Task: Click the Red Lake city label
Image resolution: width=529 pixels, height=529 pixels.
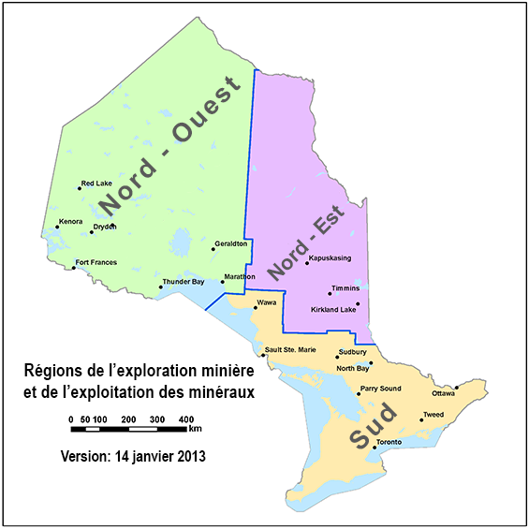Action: [x=96, y=184]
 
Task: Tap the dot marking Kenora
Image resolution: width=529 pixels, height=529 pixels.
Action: [x=56, y=228]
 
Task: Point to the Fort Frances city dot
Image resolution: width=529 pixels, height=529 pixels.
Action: [x=74, y=269]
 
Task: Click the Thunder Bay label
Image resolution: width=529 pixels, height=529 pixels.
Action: [x=184, y=281]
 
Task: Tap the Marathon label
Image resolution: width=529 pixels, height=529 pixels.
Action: [x=239, y=278]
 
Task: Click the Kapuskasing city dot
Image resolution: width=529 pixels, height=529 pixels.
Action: [x=307, y=263]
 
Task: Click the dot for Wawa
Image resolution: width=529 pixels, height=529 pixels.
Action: [x=255, y=308]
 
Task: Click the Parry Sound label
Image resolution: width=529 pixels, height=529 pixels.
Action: [x=380, y=389]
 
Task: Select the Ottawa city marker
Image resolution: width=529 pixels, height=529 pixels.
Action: [x=456, y=387]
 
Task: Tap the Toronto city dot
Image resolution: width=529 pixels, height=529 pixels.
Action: [x=375, y=448]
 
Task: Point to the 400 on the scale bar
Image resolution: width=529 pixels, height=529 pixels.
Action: [x=186, y=419]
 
